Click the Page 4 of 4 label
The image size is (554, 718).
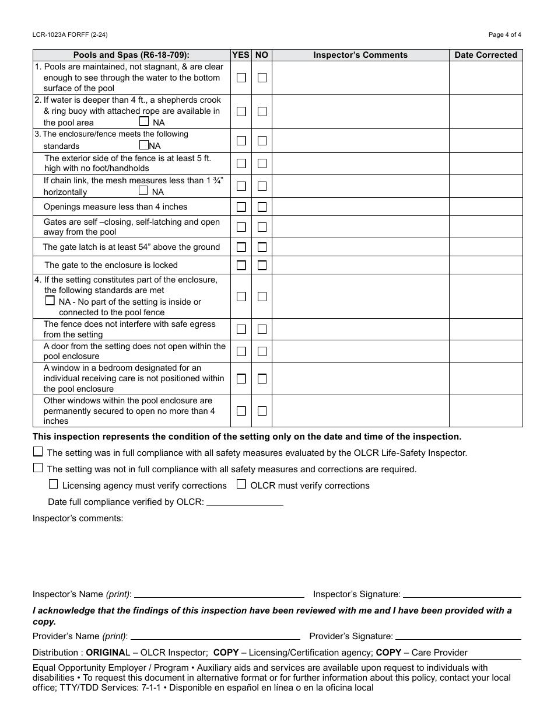pos(504,34)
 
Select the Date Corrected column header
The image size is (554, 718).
pos(486,55)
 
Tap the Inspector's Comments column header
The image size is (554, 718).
pos(360,55)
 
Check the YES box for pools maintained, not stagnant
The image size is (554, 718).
pos(241,78)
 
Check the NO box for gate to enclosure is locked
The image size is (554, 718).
pos(262,265)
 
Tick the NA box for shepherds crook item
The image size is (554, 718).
pos(144,121)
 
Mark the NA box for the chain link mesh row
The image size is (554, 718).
pos(143,190)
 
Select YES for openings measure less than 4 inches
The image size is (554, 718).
pos(241,207)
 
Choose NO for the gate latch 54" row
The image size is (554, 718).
pos(262,247)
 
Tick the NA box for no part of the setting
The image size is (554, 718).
pos(50,301)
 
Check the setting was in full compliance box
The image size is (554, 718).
pos(38,451)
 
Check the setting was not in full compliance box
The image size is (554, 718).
pos(38,468)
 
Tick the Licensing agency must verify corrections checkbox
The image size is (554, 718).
pos(54,484)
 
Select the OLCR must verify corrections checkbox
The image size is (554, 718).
pos(241,484)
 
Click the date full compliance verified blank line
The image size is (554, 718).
pos(245,501)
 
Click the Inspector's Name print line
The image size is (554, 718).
pos(219,594)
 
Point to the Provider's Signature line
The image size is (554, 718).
pos(458,636)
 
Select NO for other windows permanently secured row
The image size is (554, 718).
pos(262,410)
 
